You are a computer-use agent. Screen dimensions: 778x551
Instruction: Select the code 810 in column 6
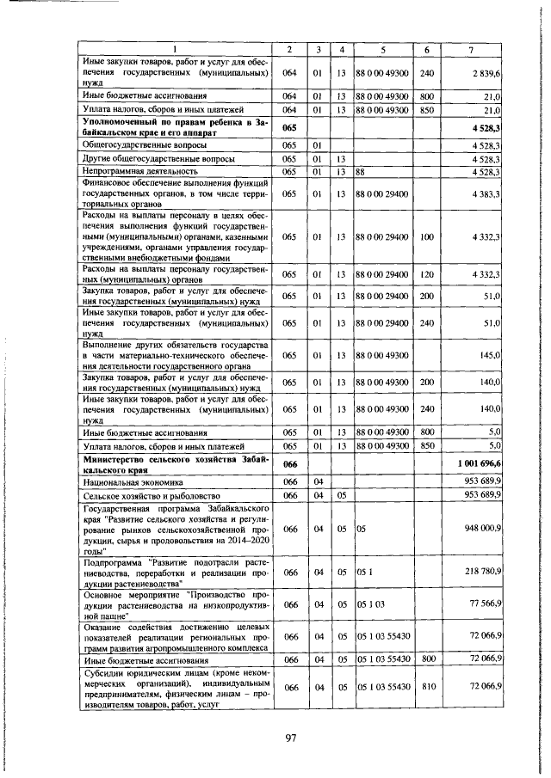tap(426, 688)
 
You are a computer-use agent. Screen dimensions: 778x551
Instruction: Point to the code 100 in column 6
tap(426, 236)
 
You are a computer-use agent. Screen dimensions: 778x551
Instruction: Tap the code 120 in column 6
tap(426, 274)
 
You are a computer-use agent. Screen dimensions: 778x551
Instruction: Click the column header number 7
tap(470, 48)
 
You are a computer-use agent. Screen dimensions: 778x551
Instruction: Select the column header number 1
tap(176, 48)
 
